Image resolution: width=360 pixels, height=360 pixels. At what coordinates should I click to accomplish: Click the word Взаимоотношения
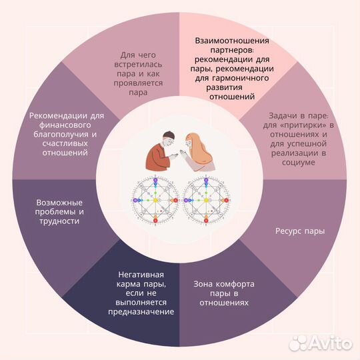(x=232, y=41)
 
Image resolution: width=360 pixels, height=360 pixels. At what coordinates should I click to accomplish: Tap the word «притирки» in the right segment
(x=304, y=125)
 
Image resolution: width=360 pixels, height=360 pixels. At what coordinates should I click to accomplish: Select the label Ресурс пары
(x=300, y=231)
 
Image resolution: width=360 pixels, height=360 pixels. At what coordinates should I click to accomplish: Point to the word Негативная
(x=141, y=275)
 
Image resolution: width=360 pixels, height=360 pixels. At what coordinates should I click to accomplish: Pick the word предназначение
(x=141, y=312)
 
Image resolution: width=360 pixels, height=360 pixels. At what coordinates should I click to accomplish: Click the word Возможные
(x=59, y=203)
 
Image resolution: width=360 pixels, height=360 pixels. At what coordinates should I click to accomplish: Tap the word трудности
(x=59, y=221)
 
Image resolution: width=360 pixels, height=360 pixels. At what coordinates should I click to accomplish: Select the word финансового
(x=65, y=125)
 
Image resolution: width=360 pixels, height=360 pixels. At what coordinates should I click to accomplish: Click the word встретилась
(x=138, y=65)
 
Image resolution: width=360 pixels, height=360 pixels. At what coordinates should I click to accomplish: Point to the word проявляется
(x=138, y=83)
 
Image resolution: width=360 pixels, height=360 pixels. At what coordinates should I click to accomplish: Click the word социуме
(x=298, y=162)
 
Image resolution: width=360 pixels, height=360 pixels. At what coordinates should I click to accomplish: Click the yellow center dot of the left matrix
(x=155, y=201)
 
